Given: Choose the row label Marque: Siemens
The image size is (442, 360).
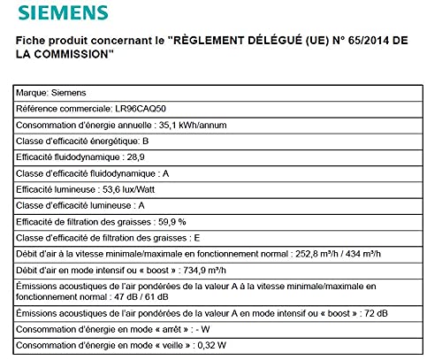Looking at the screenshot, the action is point(51,90).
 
